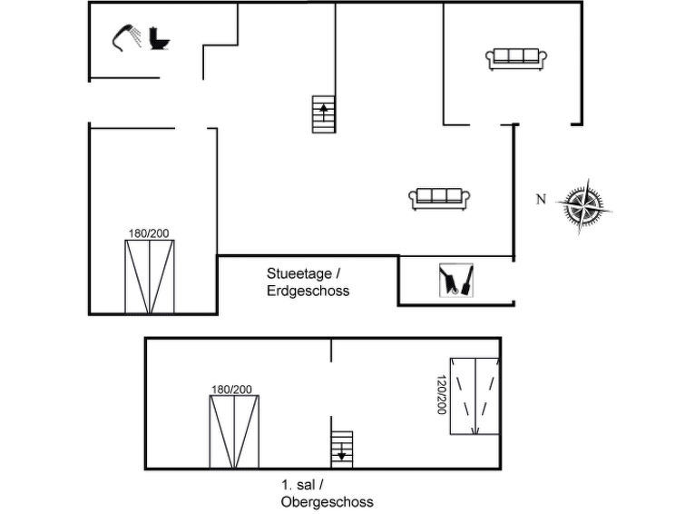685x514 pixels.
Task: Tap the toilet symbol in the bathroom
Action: (x=161, y=39)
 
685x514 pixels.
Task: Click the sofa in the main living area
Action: (x=437, y=198)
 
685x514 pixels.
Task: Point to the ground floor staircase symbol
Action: (x=324, y=114)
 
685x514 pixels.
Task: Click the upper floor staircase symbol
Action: (x=342, y=449)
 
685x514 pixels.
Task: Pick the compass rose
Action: (x=583, y=204)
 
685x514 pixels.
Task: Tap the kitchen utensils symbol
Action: (x=455, y=281)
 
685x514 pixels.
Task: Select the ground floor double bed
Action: (x=150, y=276)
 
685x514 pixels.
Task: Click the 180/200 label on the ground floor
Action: (x=149, y=233)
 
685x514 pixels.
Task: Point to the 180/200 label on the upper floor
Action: (x=231, y=390)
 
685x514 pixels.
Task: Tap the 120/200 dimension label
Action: (x=442, y=395)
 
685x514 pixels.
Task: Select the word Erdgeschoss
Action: (x=308, y=292)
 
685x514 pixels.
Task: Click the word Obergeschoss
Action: (x=327, y=501)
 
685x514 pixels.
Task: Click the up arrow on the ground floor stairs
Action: (x=324, y=111)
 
